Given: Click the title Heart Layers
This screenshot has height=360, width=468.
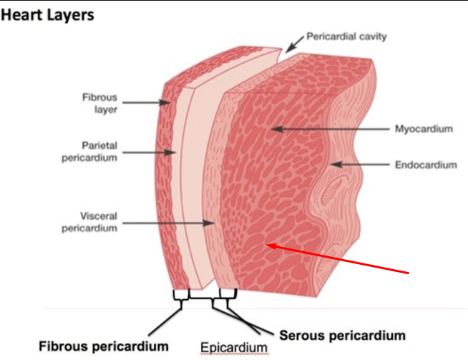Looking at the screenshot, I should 48,15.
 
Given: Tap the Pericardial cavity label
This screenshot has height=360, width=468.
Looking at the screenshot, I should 346,36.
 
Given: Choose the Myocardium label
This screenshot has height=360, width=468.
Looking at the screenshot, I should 424,130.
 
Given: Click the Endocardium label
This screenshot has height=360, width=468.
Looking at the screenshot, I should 425,165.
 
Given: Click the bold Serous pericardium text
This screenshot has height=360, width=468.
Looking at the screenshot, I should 342,335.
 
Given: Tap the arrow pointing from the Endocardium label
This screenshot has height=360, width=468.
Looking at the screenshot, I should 361,165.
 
